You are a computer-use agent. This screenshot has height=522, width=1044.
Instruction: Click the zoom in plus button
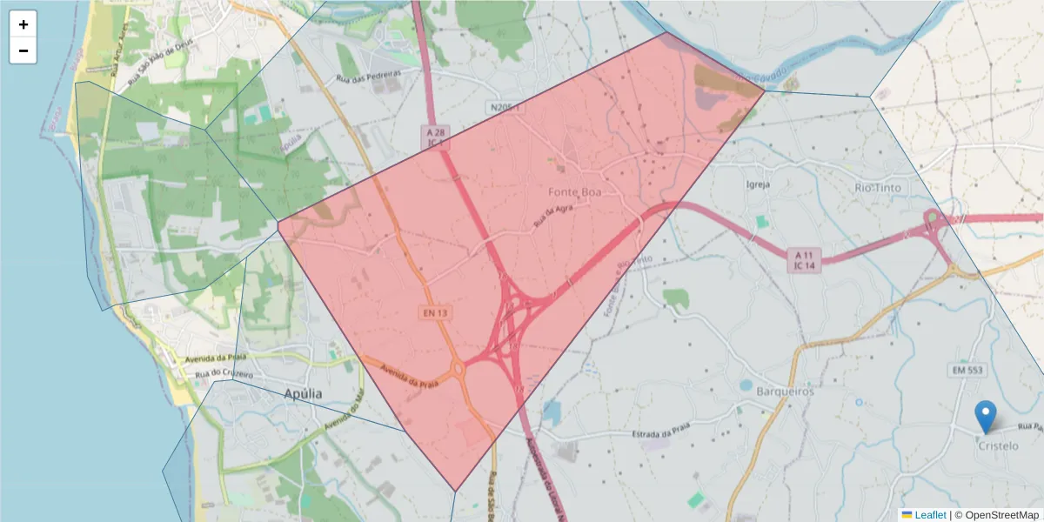pos(23,24)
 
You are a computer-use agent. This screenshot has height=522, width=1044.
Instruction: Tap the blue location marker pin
pos(985,417)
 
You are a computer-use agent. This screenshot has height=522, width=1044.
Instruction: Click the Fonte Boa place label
pos(575,191)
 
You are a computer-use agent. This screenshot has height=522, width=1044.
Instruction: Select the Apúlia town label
pos(303,394)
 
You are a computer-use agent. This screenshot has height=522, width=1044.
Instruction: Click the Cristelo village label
pos(998,445)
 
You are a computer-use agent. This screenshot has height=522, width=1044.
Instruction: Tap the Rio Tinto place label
pos(882,187)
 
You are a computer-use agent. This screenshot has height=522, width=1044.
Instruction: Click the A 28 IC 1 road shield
pos(436,136)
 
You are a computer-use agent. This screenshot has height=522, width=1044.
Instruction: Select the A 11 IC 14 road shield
pos(805,259)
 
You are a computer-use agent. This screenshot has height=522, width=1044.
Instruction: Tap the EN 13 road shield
pos(436,311)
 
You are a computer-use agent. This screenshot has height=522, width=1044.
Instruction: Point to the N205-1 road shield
pos(505,107)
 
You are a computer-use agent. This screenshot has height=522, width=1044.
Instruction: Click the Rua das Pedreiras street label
pos(369,77)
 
